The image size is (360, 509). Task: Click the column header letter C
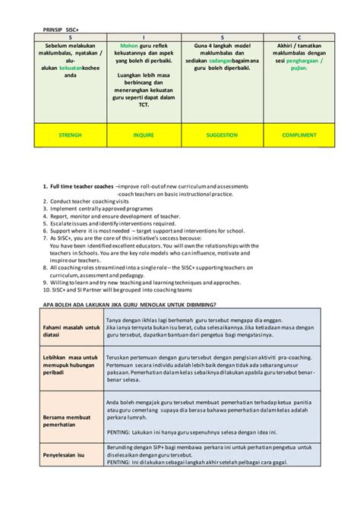pyautogui.click(x=299, y=36)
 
